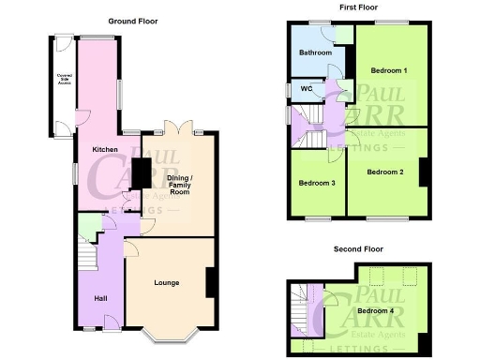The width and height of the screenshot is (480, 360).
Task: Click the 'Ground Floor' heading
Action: pos(132,20)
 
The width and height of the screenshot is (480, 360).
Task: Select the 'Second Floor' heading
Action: pos(357,249)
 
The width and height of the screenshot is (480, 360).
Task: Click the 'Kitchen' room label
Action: pos(103,149)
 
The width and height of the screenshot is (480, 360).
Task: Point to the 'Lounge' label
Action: pos(167,282)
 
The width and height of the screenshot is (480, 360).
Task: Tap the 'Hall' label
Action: pos(100,299)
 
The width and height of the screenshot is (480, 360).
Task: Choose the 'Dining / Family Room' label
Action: pos(179,184)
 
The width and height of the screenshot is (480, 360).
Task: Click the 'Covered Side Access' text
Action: pos(65,81)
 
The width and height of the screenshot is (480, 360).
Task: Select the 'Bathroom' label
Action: pos(315,53)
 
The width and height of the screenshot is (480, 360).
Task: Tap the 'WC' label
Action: pos(306,90)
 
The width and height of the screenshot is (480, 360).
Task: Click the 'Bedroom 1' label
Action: pos(388,70)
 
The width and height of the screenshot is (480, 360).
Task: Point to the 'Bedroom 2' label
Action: pos(385,172)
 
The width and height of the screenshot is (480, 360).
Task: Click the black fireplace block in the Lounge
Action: pos(211,283)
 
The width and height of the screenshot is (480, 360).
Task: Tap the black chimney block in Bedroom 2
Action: pos(425,172)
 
